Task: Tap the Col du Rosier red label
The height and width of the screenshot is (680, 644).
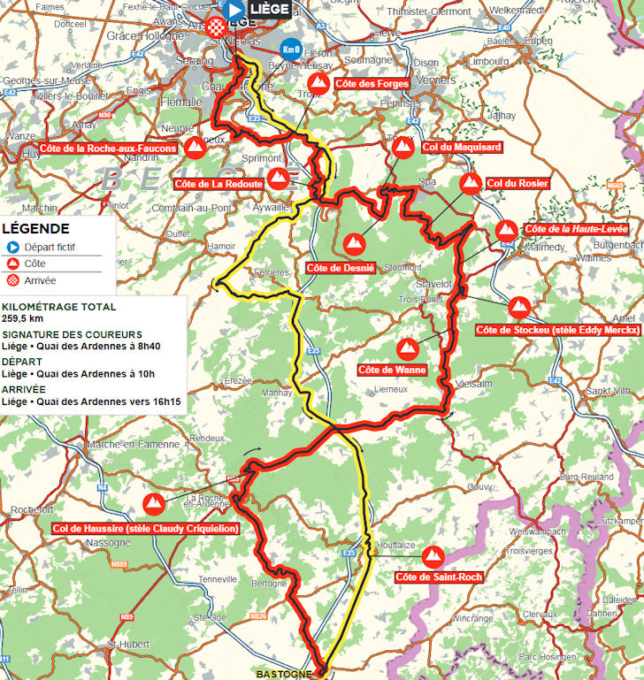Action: point(517,183)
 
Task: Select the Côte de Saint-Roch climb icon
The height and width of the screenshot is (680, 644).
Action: point(433,557)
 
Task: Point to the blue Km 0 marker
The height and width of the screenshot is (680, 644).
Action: point(289,50)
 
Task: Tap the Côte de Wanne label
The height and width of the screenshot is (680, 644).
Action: point(393,370)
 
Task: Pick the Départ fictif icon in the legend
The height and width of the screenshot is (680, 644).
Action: point(13,248)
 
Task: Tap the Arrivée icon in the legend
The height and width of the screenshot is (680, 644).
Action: point(13,280)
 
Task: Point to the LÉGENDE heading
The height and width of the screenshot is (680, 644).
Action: point(36,229)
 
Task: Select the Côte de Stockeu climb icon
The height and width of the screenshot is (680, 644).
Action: point(519,309)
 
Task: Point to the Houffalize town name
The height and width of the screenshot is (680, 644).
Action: point(394,545)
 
